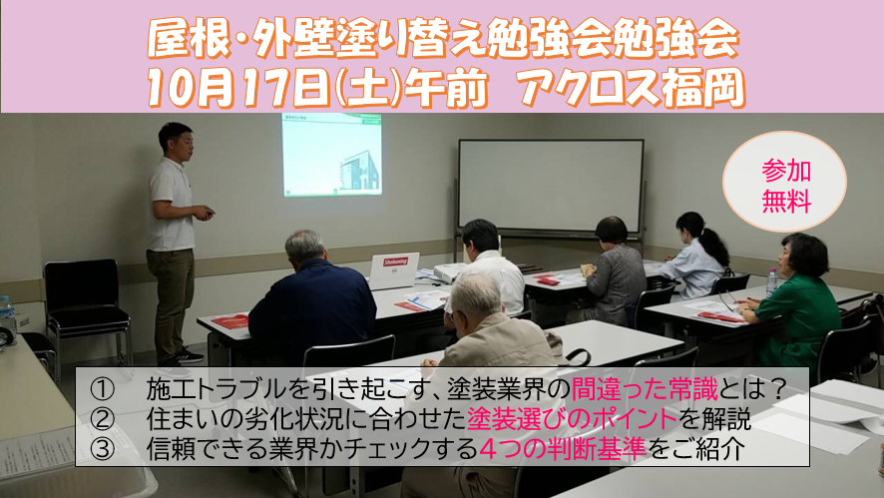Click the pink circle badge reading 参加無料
point(784,182)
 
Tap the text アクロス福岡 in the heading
point(633,89)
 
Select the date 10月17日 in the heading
point(237,89)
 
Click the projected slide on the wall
point(331,155)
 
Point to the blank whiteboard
point(551,186)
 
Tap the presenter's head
point(176,141)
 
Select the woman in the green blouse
point(794,300)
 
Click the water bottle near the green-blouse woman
point(772,282)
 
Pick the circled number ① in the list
point(102,388)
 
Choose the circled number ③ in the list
point(102,449)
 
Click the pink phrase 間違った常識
point(645,388)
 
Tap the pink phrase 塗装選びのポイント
point(572,419)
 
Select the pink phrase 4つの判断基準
point(563,449)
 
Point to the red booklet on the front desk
point(230,321)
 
